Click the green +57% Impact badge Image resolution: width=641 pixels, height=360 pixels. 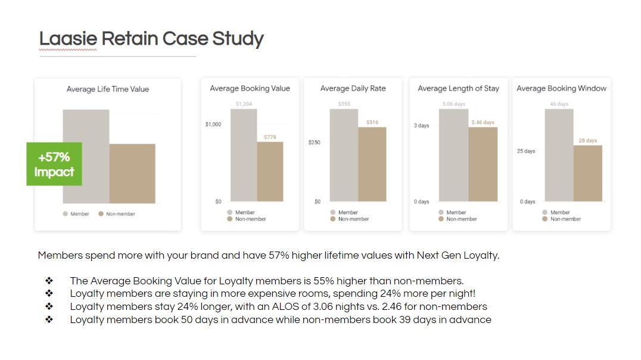click(54, 165)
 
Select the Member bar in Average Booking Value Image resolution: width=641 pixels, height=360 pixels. click(244, 155)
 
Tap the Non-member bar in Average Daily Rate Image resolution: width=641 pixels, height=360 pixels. click(372, 164)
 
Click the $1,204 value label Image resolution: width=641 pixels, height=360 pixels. click(244, 104)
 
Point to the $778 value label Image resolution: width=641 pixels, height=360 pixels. click(270, 137)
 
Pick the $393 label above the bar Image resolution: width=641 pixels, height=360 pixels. click(344, 104)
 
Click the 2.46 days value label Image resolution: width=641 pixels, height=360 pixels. click(483, 122)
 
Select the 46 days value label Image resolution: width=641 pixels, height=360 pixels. click(559, 104)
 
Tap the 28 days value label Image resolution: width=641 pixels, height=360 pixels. click(587, 141)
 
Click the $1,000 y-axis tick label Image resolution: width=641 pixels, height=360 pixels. click(213, 124)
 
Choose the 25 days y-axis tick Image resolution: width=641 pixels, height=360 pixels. click(525, 151)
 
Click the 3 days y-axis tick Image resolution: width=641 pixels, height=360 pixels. click(421, 126)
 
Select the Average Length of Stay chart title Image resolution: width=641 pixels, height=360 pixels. click(458, 88)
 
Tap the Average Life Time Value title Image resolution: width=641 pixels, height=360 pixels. click(108, 89)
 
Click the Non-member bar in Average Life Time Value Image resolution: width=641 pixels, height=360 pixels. click(132, 173)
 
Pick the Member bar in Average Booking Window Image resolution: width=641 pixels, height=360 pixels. click(559, 155)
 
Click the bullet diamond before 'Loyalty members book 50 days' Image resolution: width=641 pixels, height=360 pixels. click(49, 320)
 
